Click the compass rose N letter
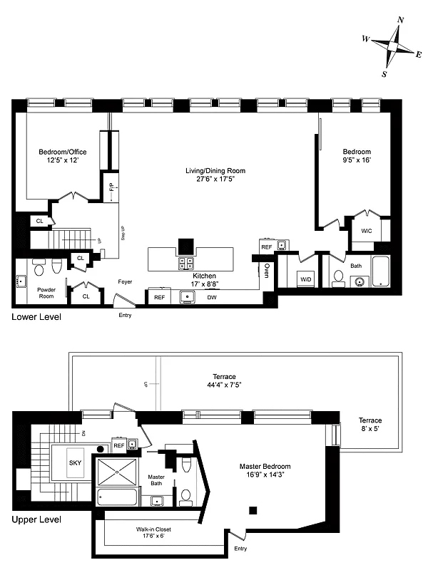[401, 20]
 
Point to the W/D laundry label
[306, 278]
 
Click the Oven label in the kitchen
[267, 271]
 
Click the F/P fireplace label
[111, 189]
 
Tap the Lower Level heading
[36, 316]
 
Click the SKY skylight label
[75, 462]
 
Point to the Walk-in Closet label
[153, 529]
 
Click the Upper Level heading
[36, 519]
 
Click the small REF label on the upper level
[119, 445]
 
